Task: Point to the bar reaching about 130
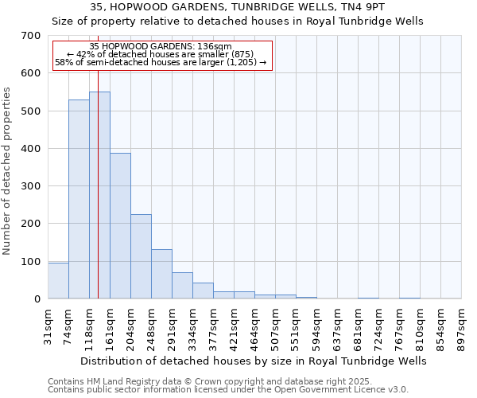[x=161, y=274]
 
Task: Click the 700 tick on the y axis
[x=31, y=36]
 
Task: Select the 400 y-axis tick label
[x=31, y=149]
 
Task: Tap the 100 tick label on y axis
[x=31, y=262]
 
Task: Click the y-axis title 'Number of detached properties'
[x=8, y=171]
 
